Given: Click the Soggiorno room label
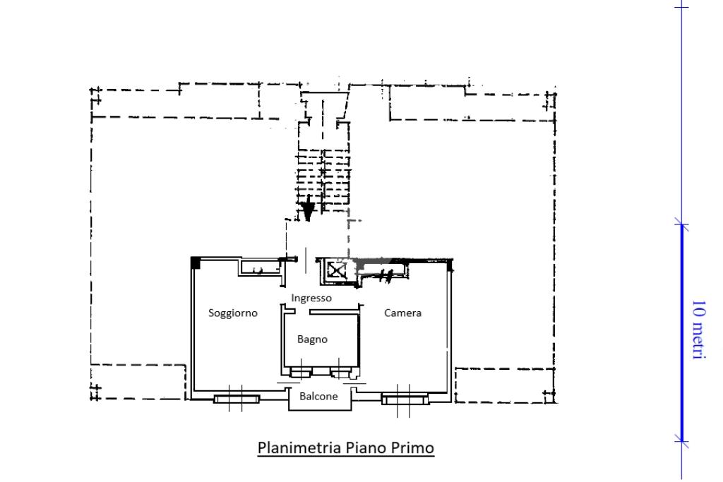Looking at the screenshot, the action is [x=233, y=313].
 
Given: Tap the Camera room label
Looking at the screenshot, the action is [x=402, y=313].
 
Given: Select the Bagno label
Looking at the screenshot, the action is [x=312, y=339].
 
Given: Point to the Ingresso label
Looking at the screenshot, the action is [x=311, y=298].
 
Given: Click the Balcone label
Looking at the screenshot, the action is [x=318, y=397].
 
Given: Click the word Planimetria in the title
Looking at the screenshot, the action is [x=299, y=447].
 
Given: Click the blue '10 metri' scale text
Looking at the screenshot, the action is [x=699, y=330].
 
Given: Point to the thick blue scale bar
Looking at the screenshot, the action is [x=682, y=332].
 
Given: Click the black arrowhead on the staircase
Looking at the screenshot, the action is [x=308, y=208].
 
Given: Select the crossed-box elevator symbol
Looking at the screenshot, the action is [x=336, y=270].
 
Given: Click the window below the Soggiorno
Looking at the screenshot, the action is [x=237, y=399].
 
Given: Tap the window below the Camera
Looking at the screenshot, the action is [x=405, y=399].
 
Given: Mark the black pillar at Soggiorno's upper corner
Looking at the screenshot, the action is [x=196, y=263].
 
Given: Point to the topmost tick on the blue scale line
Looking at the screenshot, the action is [x=681, y=7].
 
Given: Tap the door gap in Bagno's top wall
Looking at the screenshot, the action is [x=302, y=312].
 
